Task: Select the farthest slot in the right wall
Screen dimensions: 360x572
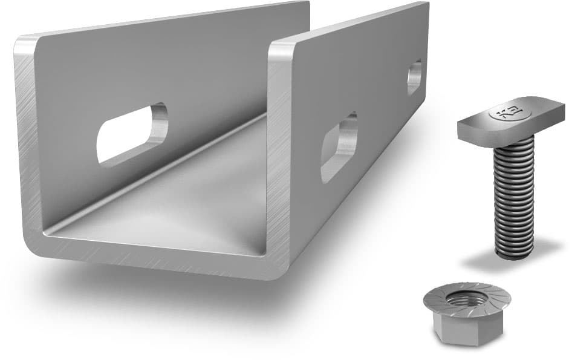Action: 414,76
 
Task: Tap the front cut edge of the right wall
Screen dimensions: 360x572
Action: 280,151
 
